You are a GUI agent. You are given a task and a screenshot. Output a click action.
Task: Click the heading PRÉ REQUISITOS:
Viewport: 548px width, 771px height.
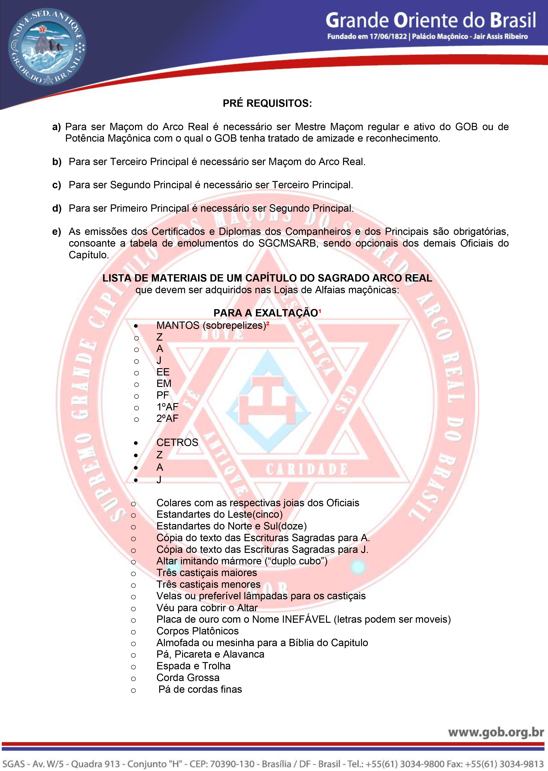tap(267, 103)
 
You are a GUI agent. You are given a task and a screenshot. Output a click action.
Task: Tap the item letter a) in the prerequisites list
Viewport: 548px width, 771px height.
tap(56, 127)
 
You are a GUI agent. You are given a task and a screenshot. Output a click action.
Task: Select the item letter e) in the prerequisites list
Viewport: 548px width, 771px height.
tap(56, 232)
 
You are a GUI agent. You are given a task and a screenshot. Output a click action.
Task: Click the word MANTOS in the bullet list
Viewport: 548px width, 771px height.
tap(178, 326)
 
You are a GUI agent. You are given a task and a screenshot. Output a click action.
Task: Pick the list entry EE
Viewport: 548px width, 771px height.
tap(163, 372)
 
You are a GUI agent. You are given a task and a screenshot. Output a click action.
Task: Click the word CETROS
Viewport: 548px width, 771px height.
tap(177, 442)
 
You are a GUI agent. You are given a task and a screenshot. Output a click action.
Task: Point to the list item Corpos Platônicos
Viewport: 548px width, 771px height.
tap(197, 631)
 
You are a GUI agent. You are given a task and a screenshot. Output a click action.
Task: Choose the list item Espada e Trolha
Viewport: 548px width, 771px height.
tap(193, 666)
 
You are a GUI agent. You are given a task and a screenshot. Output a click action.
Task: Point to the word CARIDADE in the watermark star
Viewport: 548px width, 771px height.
tap(306, 469)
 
